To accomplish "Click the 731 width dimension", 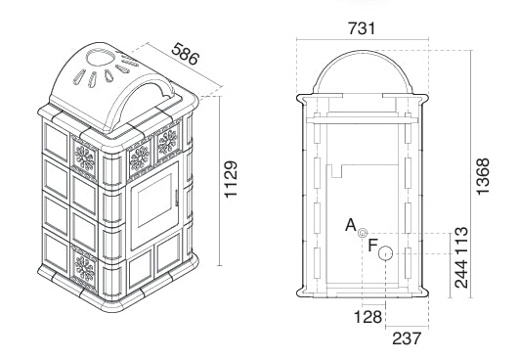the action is (x=362, y=28).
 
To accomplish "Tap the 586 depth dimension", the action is (x=186, y=54).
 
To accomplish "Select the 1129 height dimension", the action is (x=231, y=179).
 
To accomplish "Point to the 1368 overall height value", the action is (x=482, y=176).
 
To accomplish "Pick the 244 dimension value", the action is (x=461, y=274).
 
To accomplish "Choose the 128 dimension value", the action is (x=368, y=317).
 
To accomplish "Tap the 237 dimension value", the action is (x=407, y=338).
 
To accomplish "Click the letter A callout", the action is (x=351, y=225).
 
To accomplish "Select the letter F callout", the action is (x=373, y=246).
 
